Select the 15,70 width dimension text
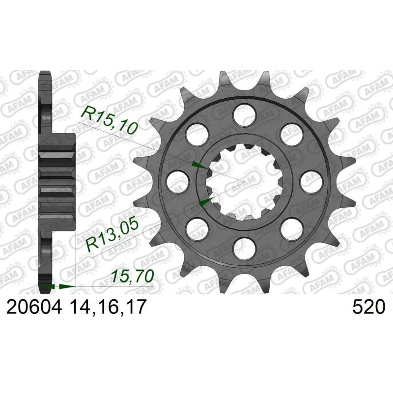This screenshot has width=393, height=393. [x=132, y=276]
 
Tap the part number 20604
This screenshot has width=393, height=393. [x=34, y=307]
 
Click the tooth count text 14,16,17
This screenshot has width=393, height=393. [x=108, y=307]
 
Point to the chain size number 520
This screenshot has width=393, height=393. [x=368, y=307]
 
